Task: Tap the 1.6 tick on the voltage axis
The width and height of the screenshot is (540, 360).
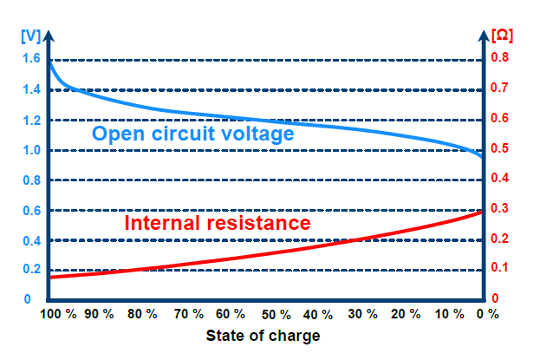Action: pyautogui.click(x=31, y=59)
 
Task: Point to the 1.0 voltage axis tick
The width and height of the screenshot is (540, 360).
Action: pyautogui.click(x=31, y=150)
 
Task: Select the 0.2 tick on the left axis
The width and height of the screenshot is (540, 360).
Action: pyautogui.click(x=31, y=269)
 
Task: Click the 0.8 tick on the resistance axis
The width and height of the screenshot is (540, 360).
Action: pyautogui.click(x=501, y=59)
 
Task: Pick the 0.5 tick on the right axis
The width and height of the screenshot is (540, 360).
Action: pyautogui.click(x=501, y=148)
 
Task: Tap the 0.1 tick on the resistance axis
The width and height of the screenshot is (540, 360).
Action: pyautogui.click(x=501, y=268)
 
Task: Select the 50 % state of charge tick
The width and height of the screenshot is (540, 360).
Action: pyautogui.click(x=276, y=314)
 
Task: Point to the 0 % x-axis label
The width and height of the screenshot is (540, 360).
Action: pyautogui.click(x=488, y=314)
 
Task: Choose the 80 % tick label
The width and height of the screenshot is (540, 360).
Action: pyautogui.click(x=144, y=314)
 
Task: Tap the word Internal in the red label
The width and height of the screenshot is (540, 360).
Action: pyautogui.click(x=167, y=223)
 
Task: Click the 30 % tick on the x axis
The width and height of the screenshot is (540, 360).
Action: pyautogui.click(x=363, y=314)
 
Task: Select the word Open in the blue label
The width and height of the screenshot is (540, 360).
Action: pyautogui.click(x=114, y=134)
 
